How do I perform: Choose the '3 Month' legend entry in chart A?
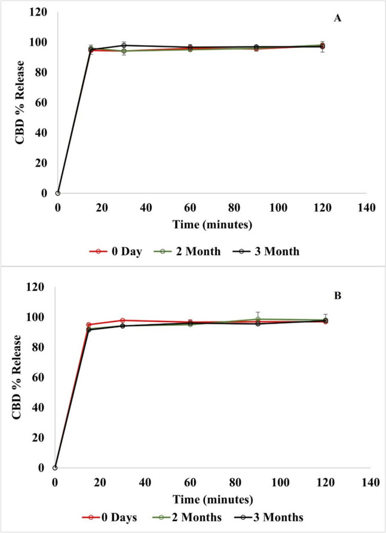click(266, 252)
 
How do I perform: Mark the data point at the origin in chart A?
click(57, 193)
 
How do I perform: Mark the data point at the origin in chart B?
click(54, 467)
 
